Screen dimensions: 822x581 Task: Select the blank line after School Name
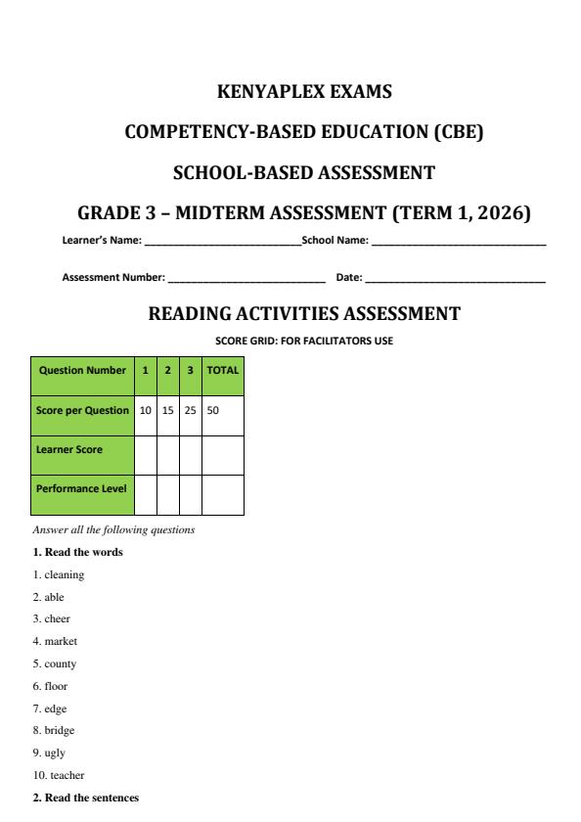[458, 241]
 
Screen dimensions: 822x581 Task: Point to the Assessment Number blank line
[246, 279]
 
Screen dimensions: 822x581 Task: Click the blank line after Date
[455, 279]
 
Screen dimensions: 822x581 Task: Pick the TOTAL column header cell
[222, 372]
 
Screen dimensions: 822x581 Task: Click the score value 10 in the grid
[145, 411]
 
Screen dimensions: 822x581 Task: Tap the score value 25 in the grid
[191, 411]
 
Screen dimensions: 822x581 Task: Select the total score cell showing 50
[222, 411]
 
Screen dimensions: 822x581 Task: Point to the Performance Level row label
[82, 489]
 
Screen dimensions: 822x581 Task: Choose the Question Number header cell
[82, 372]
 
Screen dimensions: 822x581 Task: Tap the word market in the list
[61, 641]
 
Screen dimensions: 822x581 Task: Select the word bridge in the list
[59, 730]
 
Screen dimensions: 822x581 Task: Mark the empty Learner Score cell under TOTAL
[222, 450]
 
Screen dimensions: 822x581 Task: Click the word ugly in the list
[56, 753]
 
